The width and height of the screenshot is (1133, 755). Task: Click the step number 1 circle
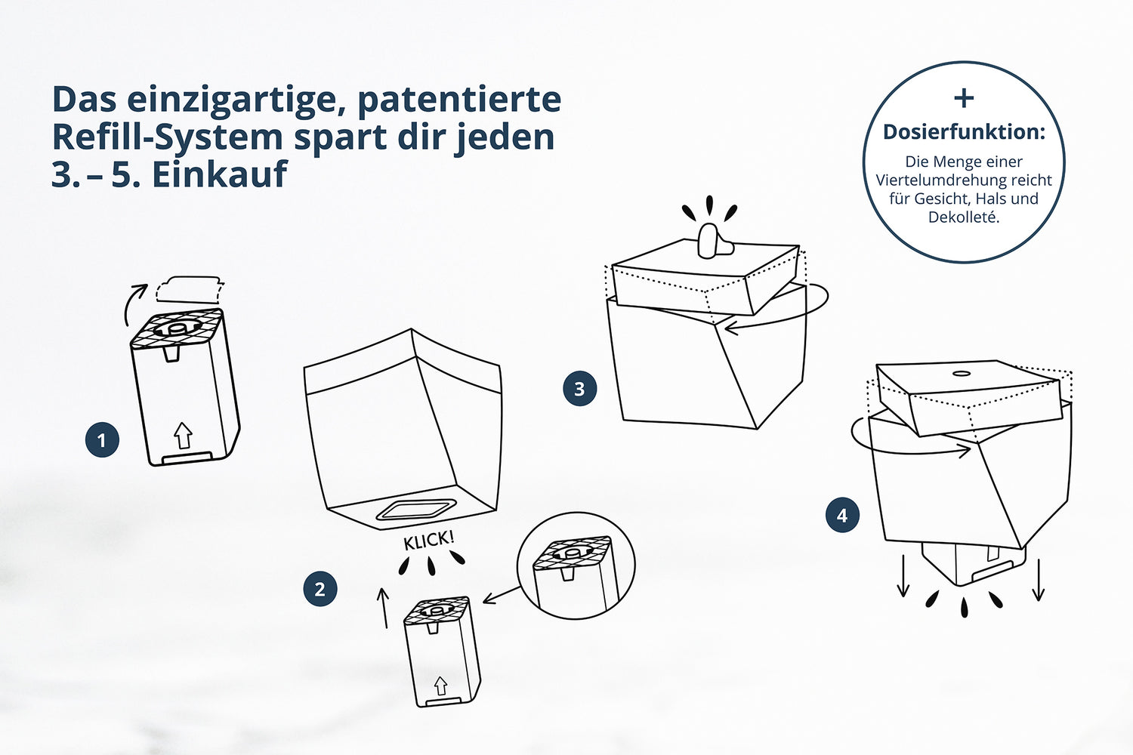[102, 440]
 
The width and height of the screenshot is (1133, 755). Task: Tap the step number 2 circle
[320, 589]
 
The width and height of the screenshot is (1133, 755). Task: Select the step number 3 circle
[579, 389]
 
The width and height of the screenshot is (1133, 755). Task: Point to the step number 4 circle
[842, 516]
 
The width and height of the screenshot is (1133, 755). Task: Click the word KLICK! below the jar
[429, 540]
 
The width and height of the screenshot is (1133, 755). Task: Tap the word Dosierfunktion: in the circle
[964, 132]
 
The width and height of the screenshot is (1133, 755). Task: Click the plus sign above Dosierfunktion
[964, 98]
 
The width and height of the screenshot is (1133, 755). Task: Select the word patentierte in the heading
[458, 100]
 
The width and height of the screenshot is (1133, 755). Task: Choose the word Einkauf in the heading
[219, 174]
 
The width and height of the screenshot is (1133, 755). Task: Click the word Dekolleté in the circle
[964, 217]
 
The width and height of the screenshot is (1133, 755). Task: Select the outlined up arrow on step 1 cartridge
[183, 435]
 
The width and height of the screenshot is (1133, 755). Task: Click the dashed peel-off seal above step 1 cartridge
[190, 290]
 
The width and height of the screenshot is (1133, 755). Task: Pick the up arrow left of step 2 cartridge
[384, 608]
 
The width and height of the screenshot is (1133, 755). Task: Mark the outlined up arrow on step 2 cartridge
[440, 686]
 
